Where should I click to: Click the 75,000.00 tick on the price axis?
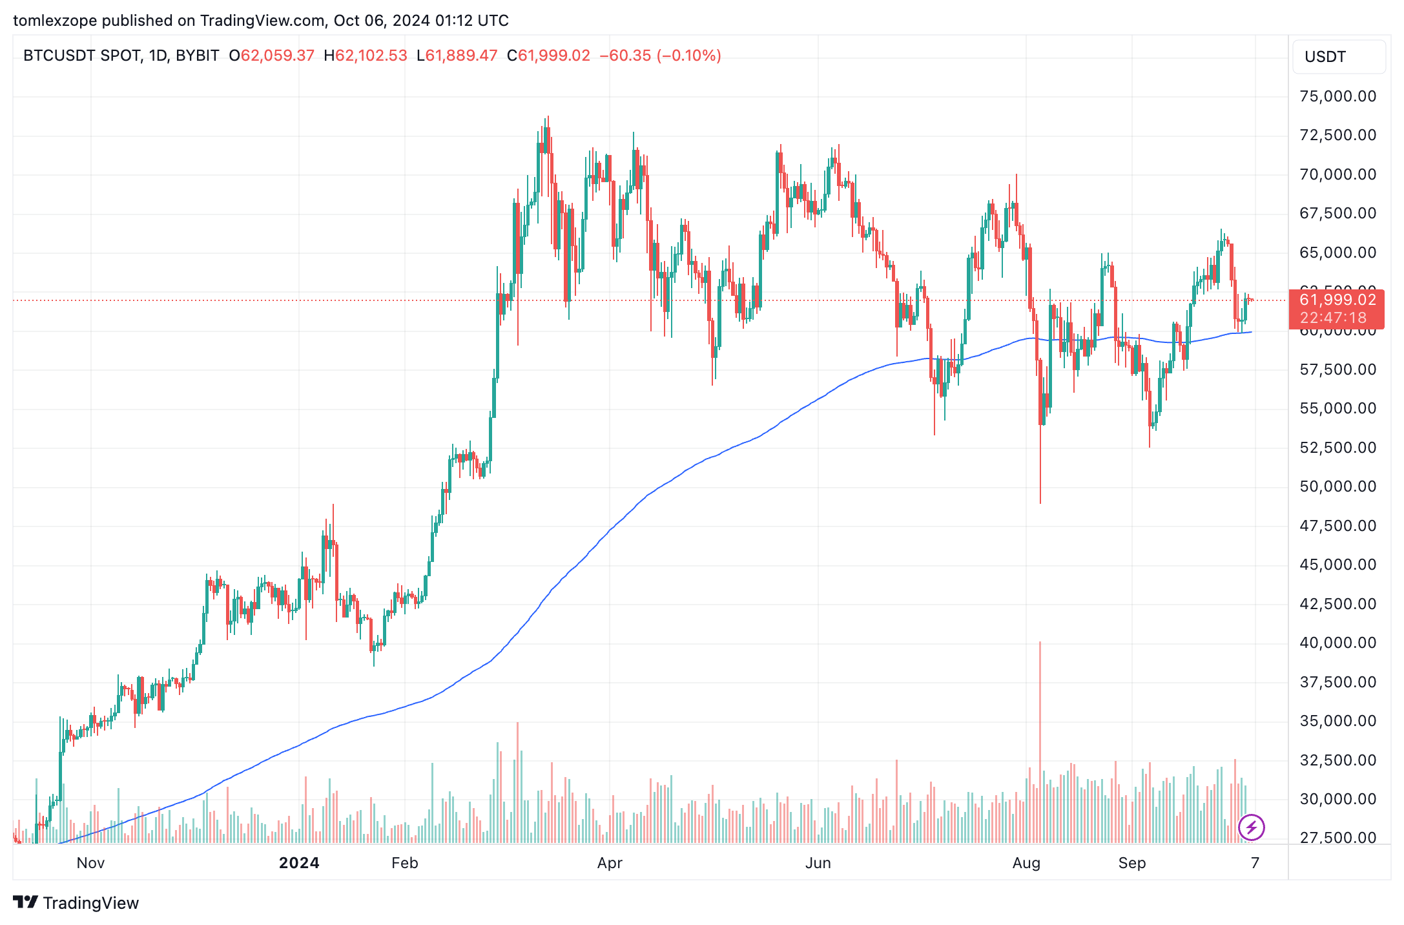tap(1337, 96)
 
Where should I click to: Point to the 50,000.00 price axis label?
tap(1337, 486)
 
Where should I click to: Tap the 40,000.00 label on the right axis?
tap(1337, 643)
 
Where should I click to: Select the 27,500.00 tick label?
tap(1337, 838)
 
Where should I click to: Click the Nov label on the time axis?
tap(90, 863)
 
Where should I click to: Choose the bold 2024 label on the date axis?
tap(299, 863)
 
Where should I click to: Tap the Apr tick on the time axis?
tap(610, 863)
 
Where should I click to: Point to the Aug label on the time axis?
tap(1026, 863)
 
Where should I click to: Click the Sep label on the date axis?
tap(1132, 863)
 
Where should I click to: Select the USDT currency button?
tap(1338, 57)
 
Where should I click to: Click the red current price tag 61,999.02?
tap(1337, 300)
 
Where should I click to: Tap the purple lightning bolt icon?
tap(1252, 827)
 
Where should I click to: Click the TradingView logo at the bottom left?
tap(76, 902)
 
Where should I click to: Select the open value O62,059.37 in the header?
tap(272, 56)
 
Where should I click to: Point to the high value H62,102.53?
tap(366, 56)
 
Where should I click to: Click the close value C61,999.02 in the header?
tap(548, 56)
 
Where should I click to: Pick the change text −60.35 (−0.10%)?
tap(660, 56)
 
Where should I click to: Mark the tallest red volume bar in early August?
tap(1040, 743)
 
